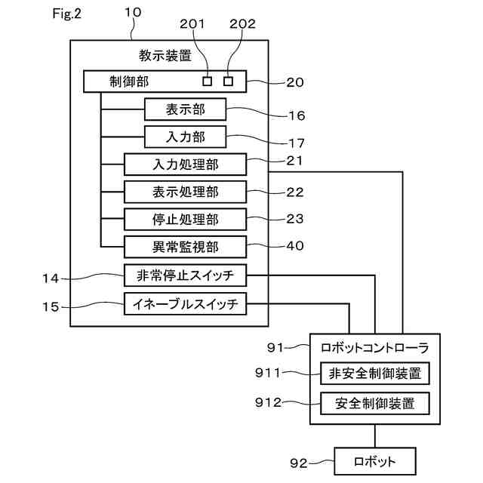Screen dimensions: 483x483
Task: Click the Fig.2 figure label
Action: pyautogui.click(x=66, y=14)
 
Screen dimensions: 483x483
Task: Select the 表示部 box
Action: pyautogui.click(x=185, y=109)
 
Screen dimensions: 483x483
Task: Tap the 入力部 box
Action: pyautogui.click(x=185, y=137)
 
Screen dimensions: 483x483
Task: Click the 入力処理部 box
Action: pyautogui.click(x=185, y=165)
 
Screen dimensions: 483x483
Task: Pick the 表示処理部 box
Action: pyautogui.click(x=185, y=192)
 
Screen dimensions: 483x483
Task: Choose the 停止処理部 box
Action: pyautogui.click(x=185, y=220)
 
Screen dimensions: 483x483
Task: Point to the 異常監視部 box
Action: pyautogui.click(x=185, y=247)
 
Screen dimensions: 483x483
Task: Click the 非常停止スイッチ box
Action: pyautogui.click(x=185, y=275)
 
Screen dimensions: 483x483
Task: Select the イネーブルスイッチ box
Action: pyautogui.click(x=185, y=303)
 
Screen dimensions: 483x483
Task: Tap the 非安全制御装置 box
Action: pyautogui.click(x=375, y=374)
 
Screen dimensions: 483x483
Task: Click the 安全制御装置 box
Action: pyautogui.click(x=375, y=403)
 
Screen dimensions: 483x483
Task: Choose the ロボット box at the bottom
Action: pyautogui.click(x=375, y=461)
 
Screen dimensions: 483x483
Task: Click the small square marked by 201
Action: pyautogui.click(x=208, y=82)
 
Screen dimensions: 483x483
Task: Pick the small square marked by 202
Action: pyautogui.click(x=228, y=82)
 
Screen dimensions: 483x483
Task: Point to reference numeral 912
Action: pyautogui.click(x=269, y=402)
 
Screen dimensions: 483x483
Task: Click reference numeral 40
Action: pyautogui.click(x=295, y=245)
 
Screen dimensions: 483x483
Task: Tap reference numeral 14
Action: pyautogui.click(x=51, y=278)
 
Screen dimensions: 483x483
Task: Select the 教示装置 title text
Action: pyautogui.click(x=165, y=56)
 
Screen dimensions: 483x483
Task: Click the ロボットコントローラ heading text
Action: pyautogui.click(x=375, y=348)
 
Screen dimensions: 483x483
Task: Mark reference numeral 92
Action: pyautogui.click(x=299, y=463)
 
